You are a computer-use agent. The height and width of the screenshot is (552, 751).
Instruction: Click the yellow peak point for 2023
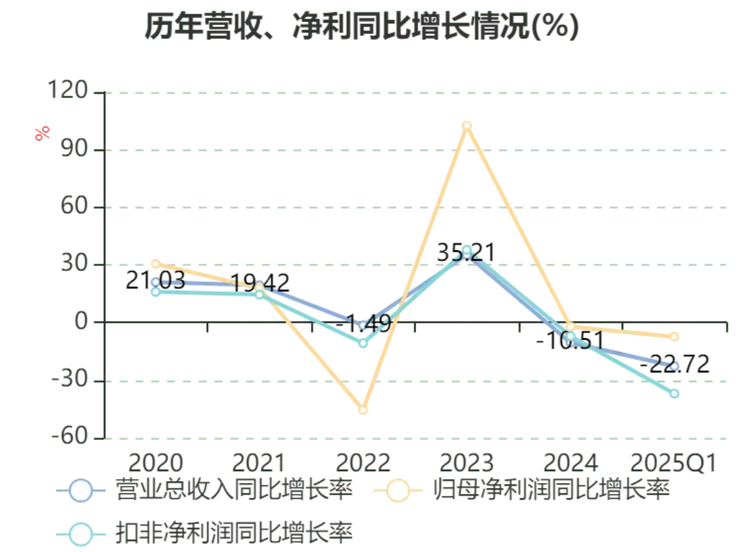pos(467,126)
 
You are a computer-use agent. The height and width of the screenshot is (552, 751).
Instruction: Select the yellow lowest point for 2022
pos(363,409)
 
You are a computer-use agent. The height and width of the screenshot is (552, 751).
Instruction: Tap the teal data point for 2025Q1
pos(674,393)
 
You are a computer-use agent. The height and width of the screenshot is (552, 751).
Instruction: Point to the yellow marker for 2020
pos(156,264)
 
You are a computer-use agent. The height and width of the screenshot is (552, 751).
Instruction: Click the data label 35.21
pos(466,253)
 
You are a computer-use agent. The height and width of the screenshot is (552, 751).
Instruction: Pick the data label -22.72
pos(674,364)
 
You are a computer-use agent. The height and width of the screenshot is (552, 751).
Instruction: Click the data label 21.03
pos(155,281)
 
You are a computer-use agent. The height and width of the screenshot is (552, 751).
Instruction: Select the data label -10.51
pos(569,340)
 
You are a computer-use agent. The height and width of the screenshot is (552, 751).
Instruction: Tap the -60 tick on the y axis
pos(72,438)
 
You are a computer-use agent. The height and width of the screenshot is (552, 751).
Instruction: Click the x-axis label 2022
pos(363,463)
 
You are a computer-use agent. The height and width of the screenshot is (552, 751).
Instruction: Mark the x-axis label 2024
pos(570,463)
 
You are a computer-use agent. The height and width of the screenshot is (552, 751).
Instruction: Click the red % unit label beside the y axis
pos(43,133)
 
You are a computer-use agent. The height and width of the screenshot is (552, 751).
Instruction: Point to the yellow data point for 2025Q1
pos(674,337)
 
